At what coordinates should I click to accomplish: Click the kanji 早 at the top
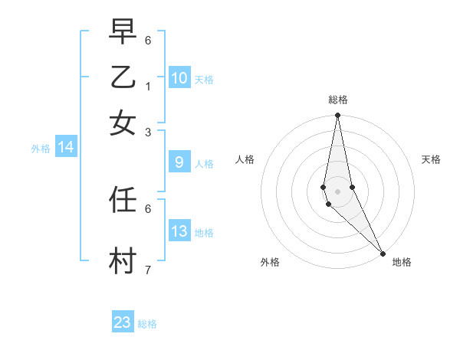click(x=123, y=32)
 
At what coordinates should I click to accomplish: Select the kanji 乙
click(x=123, y=78)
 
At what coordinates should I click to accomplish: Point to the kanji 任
click(x=123, y=200)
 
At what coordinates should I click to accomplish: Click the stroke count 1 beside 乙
click(x=148, y=87)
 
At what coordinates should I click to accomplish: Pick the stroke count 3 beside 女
click(x=148, y=132)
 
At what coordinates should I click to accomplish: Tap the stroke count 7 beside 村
click(x=148, y=270)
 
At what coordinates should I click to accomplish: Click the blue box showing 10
click(x=179, y=78)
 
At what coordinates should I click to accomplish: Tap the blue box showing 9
click(x=179, y=162)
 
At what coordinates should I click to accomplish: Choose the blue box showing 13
click(x=179, y=231)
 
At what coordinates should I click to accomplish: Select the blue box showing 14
click(x=66, y=147)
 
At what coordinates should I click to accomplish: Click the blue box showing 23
click(x=123, y=322)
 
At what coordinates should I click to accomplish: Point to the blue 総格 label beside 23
click(x=148, y=324)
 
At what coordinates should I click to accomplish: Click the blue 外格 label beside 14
click(x=41, y=149)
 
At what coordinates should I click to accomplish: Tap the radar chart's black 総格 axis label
click(x=337, y=100)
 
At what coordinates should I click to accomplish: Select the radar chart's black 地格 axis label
click(x=402, y=263)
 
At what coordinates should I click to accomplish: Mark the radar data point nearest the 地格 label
click(x=383, y=253)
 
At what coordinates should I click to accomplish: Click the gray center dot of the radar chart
click(x=337, y=191)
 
